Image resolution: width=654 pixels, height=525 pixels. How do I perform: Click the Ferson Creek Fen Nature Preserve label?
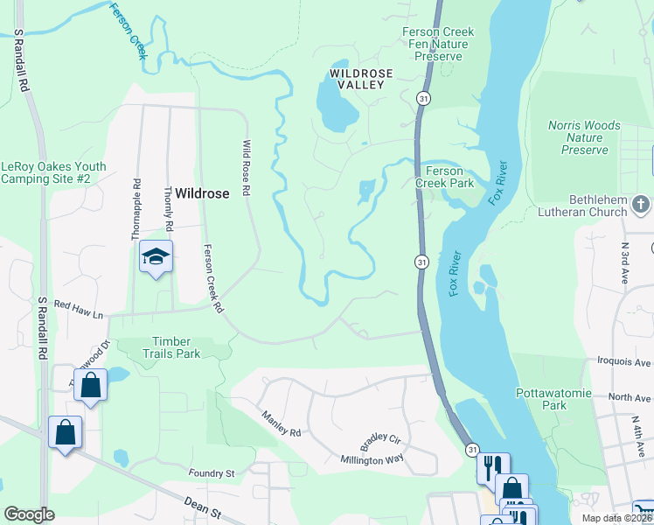[x=438, y=44]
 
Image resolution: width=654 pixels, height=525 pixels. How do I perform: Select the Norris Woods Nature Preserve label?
[x=585, y=137]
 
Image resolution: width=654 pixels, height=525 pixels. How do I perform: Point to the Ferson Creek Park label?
[x=449, y=178]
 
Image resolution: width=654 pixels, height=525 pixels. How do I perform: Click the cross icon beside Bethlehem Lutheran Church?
[x=641, y=205]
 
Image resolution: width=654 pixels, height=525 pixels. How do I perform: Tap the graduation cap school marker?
[x=156, y=256]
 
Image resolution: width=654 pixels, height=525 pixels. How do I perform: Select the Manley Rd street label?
[x=279, y=421]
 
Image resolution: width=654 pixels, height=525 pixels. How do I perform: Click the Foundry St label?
[x=212, y=473]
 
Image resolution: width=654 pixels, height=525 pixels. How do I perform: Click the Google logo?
[x=29, y=514]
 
